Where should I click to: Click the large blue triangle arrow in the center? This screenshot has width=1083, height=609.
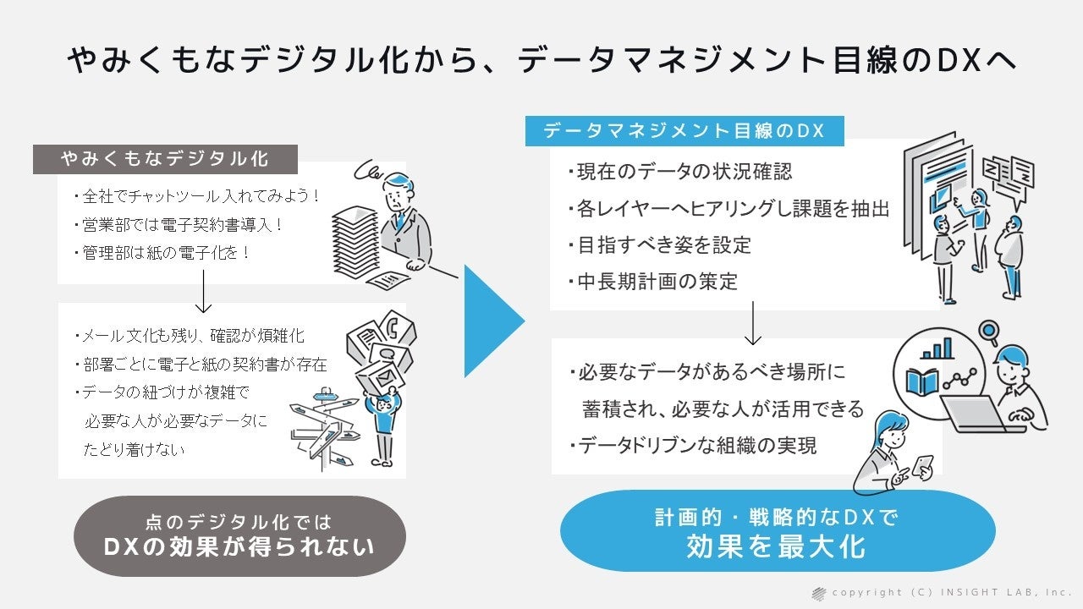(x=491, y=321)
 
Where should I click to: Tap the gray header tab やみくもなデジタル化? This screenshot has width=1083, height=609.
(x=165, y=159)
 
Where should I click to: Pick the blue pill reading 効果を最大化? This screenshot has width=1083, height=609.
(x=777, y=532)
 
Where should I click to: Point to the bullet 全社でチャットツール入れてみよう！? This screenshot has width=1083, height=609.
(x=198, y=196)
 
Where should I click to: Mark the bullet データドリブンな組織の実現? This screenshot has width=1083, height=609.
(x=691, y=445)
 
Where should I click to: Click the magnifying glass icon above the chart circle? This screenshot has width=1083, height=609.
(x=987, y=329)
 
